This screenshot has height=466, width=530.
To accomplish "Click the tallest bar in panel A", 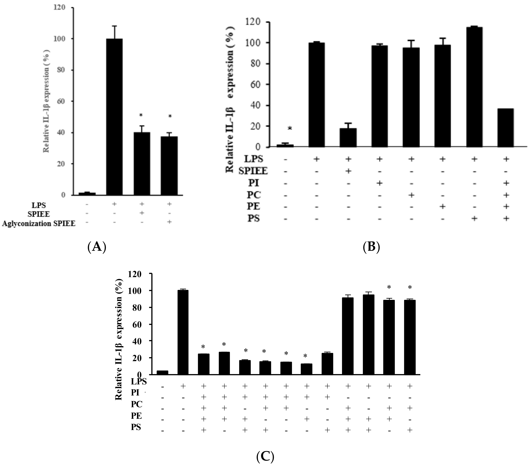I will (114, 117).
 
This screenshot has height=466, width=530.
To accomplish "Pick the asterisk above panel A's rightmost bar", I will (170, 116).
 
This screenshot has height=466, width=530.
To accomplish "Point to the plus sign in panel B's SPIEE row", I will (348, 171).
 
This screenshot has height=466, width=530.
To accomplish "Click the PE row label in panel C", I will (136, 416).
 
